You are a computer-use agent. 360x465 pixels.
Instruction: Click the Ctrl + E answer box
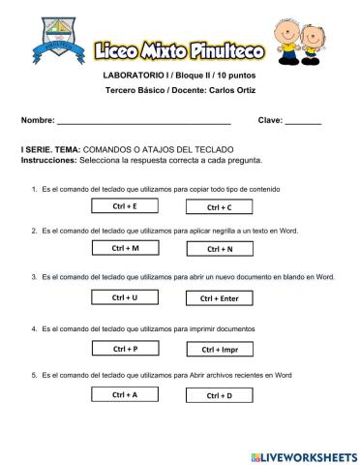pos(124,206)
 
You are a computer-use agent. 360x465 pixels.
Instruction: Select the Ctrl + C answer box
pos(220,207)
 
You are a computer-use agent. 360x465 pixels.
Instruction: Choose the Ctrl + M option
pos(125,248)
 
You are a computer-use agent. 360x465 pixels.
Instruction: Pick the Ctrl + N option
pos(220,249)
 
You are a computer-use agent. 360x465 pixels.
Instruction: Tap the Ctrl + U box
pos(124,297)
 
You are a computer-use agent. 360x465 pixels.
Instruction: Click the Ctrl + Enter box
pos(220,298)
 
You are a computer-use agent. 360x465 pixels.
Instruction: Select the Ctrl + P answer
pos(124,348)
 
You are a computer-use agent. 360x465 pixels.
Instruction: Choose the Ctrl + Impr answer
pos(220,349)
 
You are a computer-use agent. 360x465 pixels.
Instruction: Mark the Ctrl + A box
pos(124,394)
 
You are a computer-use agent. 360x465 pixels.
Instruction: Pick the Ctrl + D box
pos(220,395)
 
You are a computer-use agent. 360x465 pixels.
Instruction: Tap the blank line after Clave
pos(302,123)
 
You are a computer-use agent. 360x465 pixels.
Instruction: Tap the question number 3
pos(35,277)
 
